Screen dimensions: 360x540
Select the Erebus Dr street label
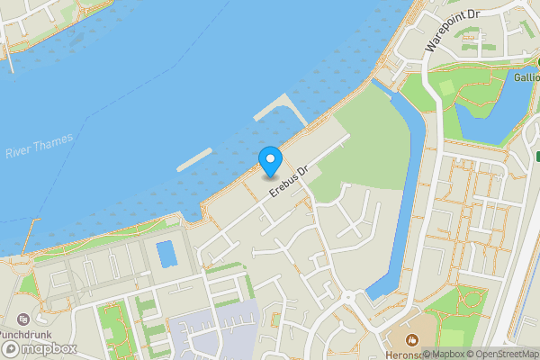point(289,177)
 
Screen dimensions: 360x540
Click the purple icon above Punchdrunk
point(22,319)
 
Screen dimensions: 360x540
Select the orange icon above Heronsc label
point(412,339)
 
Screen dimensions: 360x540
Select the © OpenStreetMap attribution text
point(505,354)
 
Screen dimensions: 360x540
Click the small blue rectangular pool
point(166,253)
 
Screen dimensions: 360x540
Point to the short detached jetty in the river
point(194,158)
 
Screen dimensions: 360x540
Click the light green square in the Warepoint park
point(447,88)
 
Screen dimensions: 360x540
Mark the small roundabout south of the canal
point(349,298)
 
